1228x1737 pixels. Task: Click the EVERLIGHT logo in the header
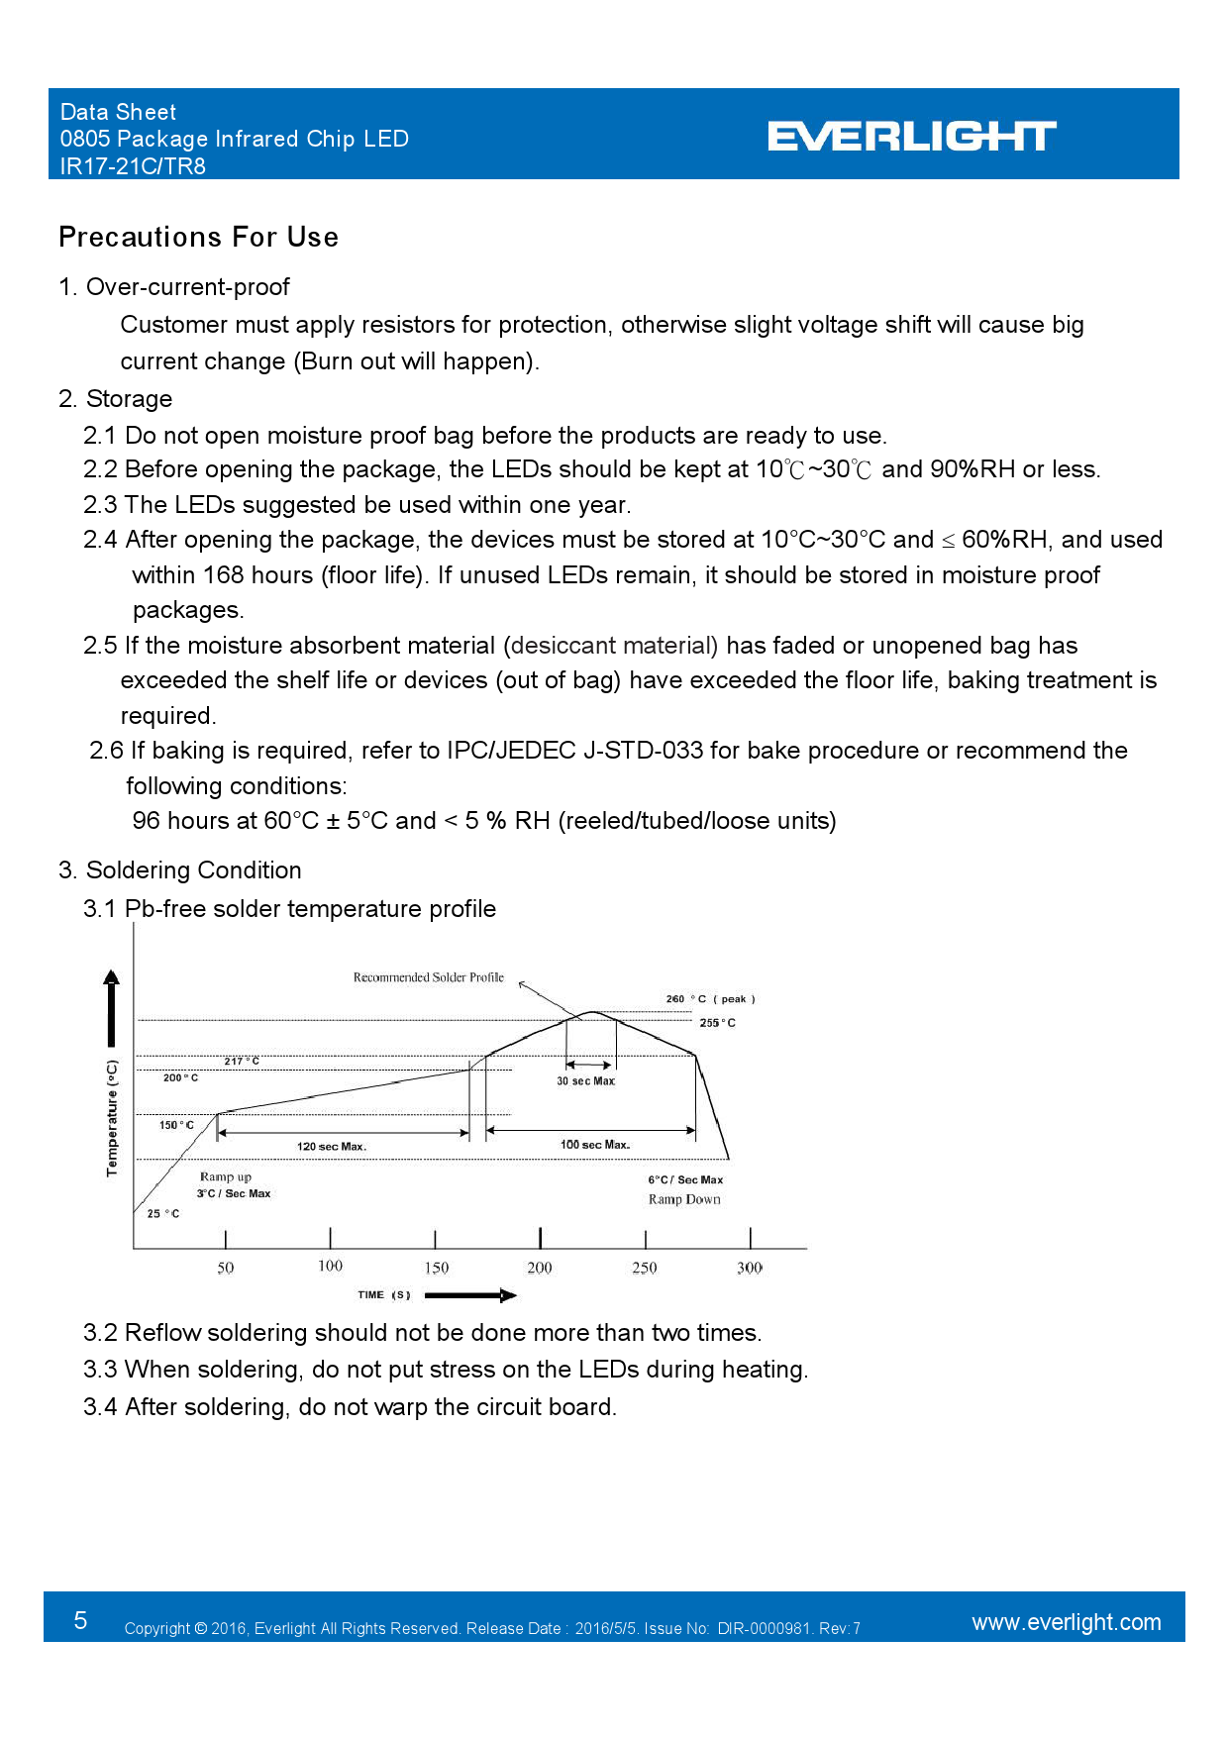click(x=911, y=137)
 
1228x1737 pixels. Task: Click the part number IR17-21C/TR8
click(x=133, y=166)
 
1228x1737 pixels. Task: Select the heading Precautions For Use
click(x=198, y=238)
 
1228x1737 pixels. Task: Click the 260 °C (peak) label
click(x=710, y=999)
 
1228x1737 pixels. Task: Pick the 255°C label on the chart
click(x=717, y=1023)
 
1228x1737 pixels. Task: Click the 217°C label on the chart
click(x=242, y=1061)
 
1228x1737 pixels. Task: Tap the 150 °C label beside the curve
click(x=176, y=1125)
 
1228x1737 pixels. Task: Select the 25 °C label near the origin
click(x=163, y=1213)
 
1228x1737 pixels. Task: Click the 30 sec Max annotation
click(x=585, y=1081)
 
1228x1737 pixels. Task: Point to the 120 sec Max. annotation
click(x=332, y=1147)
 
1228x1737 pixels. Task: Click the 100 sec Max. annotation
click(x=595, y=1145)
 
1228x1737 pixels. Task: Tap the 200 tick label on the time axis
click(x=540, y=1268)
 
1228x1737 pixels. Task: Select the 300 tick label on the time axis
click(x=750, y=1268)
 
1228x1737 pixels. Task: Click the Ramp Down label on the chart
click(x=684, y=1199)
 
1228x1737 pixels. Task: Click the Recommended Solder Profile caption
click(x=429, y=977)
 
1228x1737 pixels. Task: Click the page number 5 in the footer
click(x=80, y=1620)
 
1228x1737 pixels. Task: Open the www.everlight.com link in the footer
click(x=1066, y=1622)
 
